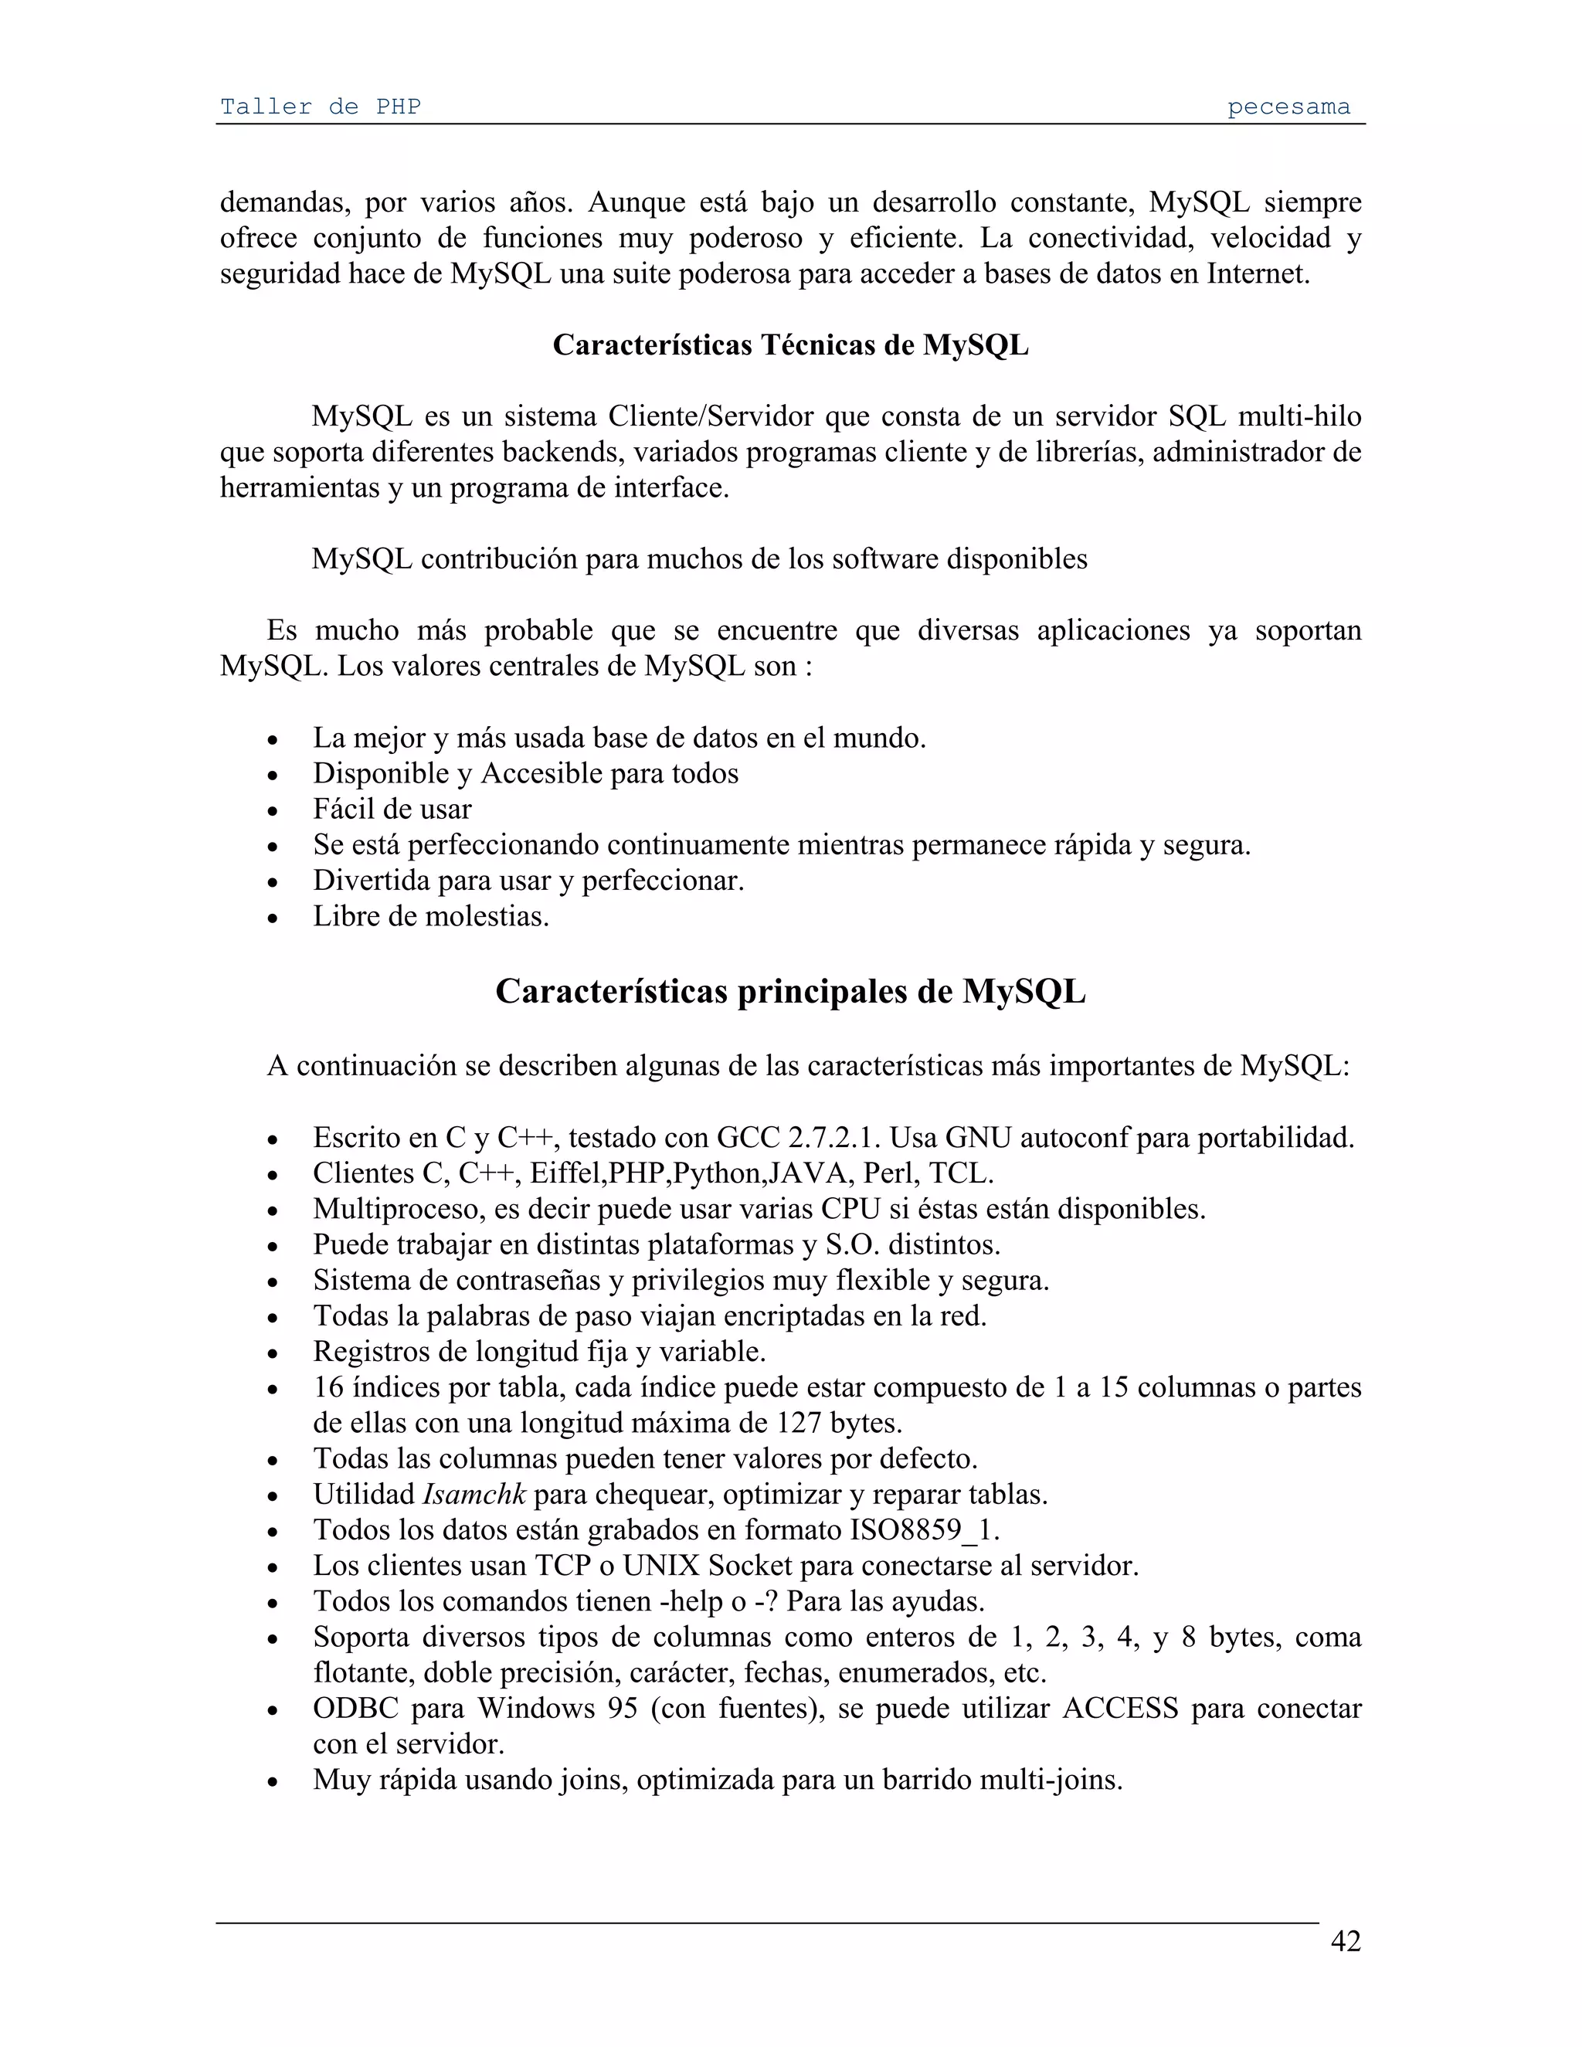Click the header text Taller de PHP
pyautogui.click(x=320, y=107)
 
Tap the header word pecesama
pyautogui.click(x=1288, y=107)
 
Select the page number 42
pyautogui.click(x=1345, y=1940)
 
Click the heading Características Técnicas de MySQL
pyautogui.click(x=790, y=345)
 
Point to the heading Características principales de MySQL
pyautogui.click(x=790, y=991)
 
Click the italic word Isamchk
pyautogui.click(x=474, y=1494)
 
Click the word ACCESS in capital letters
pyautogui.click(x=1120, y=1708)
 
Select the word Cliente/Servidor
pyautogui.click(x=730, y=416)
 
